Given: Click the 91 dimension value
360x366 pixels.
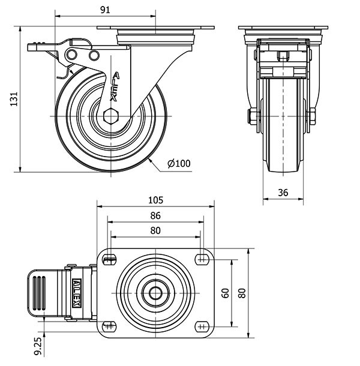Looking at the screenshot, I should pos(105,10).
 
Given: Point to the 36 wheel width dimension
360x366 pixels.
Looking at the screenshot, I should pos(284,192).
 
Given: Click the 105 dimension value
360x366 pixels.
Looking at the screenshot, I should pos(156,200).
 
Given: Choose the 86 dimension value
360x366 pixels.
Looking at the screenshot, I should pos(156,215).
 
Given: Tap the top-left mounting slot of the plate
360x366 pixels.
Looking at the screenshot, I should pos(109,259).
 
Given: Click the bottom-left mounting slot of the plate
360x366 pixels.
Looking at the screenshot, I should pos(109,326).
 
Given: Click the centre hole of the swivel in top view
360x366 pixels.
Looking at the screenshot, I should pos(155,293).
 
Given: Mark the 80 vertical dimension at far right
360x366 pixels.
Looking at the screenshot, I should pos(242,293).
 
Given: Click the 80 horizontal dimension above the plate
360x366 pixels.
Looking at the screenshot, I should pos(156,230).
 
